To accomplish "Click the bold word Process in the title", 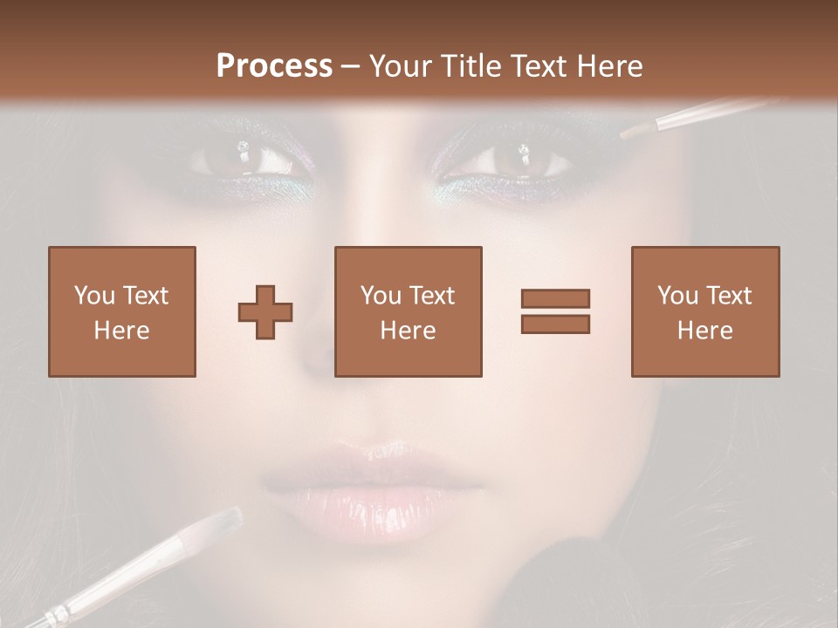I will tap(274, 66).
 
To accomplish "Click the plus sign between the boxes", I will tap(265, 312).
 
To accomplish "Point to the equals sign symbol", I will tap(555, 311).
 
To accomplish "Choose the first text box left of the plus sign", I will tap(122, 311).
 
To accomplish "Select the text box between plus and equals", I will tap(408, 311).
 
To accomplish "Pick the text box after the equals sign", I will tap(704, 311).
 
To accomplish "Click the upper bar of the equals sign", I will tap(555, 299).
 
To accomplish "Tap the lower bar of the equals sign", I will tap(555, 324).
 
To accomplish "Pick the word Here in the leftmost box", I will tap(121, 331).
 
